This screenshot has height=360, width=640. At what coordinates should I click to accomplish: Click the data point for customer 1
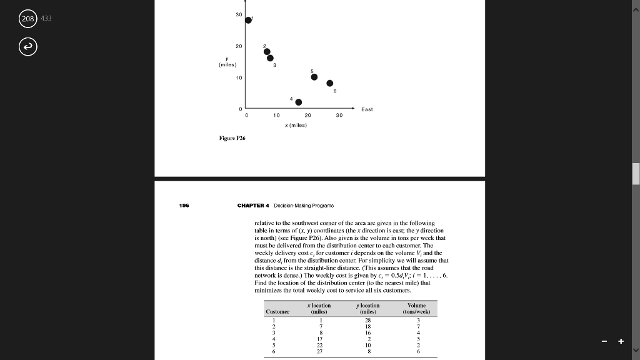(x=248, y=20)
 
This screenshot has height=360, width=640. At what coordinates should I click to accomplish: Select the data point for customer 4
(x=299, y=102)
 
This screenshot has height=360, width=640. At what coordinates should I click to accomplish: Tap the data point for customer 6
(x=330, y=83)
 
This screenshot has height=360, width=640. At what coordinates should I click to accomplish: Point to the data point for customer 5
(x=314, y=77)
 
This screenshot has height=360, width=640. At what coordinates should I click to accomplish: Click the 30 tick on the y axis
(x=239, y=15)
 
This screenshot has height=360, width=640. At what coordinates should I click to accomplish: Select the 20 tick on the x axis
(x=307, y=115)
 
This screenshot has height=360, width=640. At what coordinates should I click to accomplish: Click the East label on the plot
(x=367, y=109)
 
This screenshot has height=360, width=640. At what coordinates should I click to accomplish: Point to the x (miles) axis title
(x=296, y=125)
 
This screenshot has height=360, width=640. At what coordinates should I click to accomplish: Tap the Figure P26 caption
(x=232, y=137)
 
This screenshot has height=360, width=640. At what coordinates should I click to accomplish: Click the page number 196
(x=185, y=205)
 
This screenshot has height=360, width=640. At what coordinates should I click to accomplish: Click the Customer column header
(x=277, y=311)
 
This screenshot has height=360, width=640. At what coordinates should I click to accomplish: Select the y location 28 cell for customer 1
(x=367, y=320)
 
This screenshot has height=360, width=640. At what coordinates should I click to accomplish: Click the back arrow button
(x=28, y=46)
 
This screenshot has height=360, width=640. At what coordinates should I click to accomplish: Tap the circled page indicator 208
(x=28, y=18)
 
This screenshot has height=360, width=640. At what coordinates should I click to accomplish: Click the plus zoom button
(x=621, y=341)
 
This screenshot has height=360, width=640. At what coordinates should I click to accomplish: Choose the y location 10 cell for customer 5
(x=367, y=346)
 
